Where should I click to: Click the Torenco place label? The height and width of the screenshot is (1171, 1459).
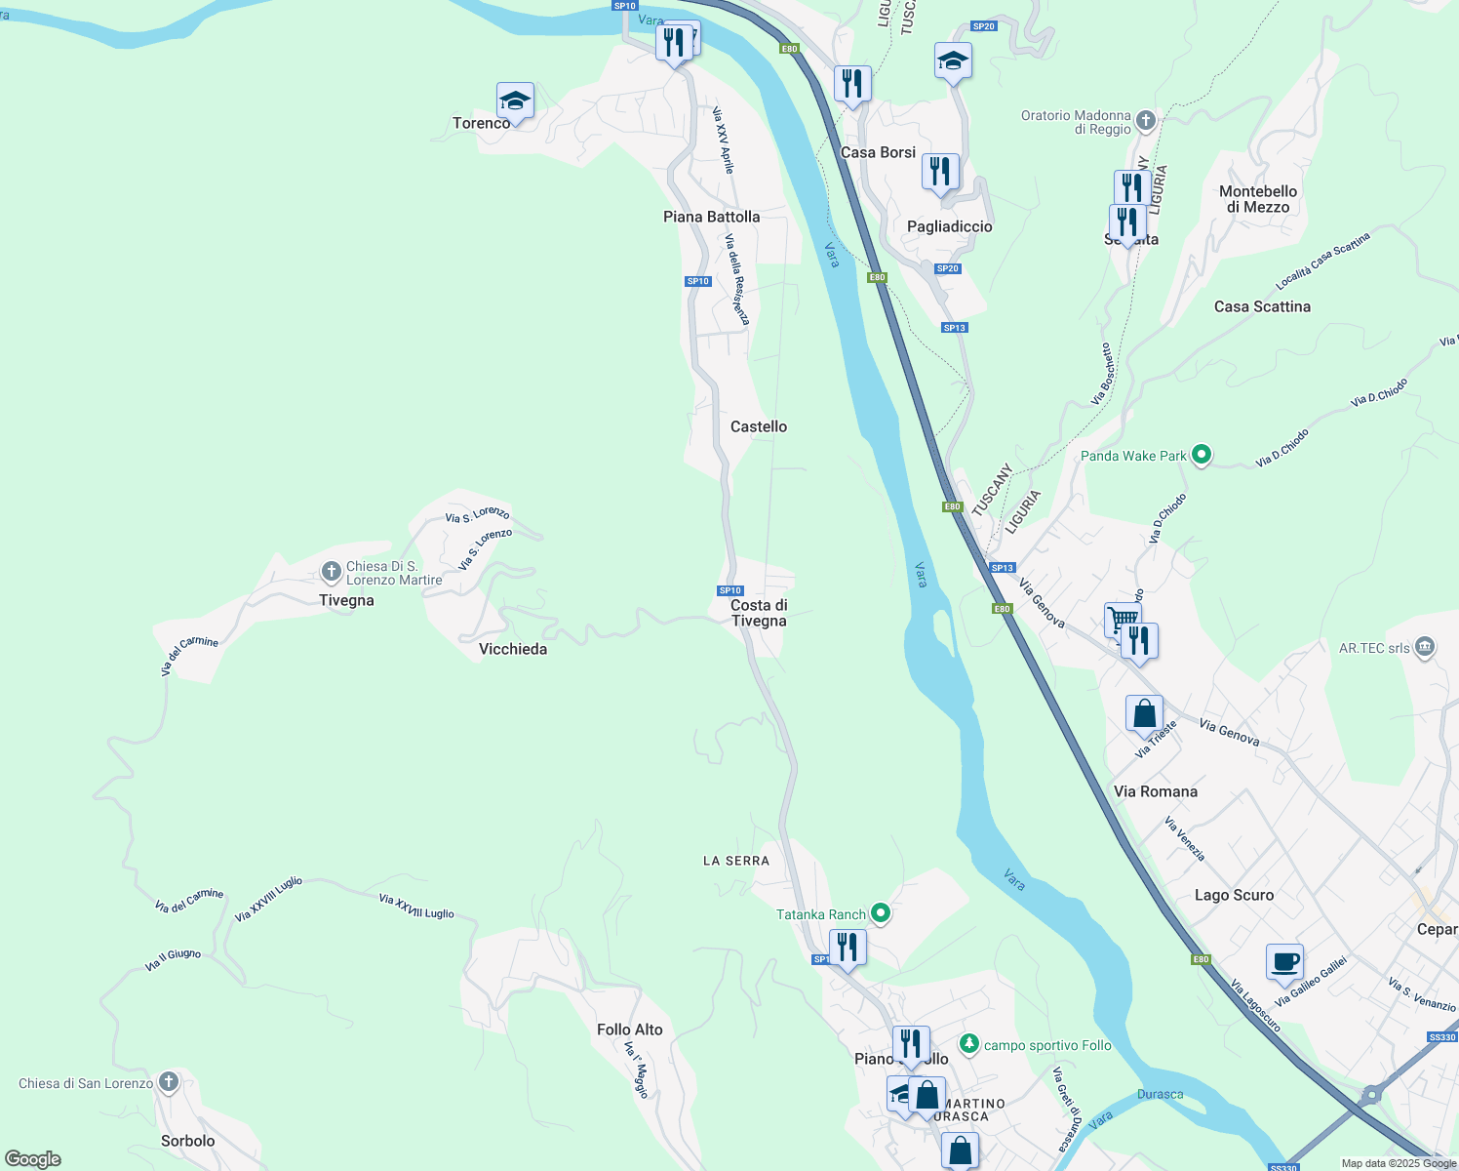(x=481, y=123)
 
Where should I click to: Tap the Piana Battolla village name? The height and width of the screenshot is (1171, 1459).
(x=711, y=217)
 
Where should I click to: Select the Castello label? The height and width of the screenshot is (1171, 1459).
(x=758, y=426)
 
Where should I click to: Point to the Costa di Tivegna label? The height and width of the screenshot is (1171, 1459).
(x=759, y=613)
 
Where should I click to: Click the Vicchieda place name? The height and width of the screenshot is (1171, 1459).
(x=513, y=649)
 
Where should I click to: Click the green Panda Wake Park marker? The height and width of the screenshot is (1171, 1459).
(x=1202, y=455)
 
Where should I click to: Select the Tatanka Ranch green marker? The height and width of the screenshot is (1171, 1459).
(x=881, y=913)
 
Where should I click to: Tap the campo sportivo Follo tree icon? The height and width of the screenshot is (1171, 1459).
(x=968, y=1044)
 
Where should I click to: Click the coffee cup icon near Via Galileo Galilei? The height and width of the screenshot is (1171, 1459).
(x=1284, y=961)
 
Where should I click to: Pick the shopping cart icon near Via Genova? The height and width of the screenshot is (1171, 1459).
(x=1123, y=619)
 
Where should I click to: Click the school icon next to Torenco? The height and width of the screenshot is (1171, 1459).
(x=515, y=101)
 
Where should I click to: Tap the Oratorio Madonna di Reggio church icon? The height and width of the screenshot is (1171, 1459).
(x=1146, y=121)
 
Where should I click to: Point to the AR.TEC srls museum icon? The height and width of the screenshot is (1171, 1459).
(x=1425, y=648)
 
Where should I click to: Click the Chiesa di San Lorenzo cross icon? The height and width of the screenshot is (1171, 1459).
(x=169, y=1081)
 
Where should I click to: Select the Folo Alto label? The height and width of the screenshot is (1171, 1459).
(x=629, y=1030)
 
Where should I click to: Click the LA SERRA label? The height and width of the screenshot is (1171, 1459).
(x=736, y=861)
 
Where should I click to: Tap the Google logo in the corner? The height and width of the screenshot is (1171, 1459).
(x=32, y=1159)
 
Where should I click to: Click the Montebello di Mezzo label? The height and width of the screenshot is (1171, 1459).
(x=1258, y=199)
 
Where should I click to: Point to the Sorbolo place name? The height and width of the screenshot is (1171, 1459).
(x=187, y=1141)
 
